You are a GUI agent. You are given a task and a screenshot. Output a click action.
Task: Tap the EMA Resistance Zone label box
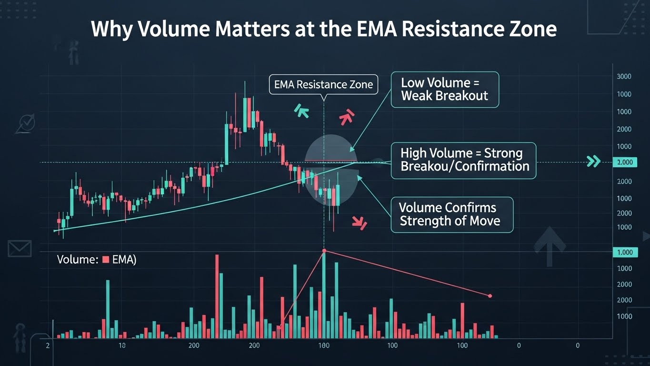pyautogui.click(x=323, y=85)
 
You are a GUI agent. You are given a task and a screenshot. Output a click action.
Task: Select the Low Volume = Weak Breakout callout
pyautogui.click(x=444, y=89)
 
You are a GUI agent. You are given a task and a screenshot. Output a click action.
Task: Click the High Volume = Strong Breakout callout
pyautogui.click(x=463, y=160)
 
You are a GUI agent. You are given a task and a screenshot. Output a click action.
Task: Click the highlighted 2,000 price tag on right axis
pyautogui.click(x=624, y=163)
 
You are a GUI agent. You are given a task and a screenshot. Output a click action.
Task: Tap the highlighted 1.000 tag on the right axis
pyautogui.click(x=624, y=252)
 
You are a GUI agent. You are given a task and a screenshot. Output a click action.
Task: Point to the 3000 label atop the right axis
pyautogui.click(x=624, y=76)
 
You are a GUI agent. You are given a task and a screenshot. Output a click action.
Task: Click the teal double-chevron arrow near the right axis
pyautogui.click(x=593, y=162)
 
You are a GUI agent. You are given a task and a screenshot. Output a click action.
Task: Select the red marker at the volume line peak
pyautogui.click(x=324, y=251)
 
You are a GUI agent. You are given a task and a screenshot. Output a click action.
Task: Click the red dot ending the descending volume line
pyautogui.click(x=490, y=296)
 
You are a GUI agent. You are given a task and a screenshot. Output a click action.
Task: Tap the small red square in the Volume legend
pyautogui.click(x=106, y=260)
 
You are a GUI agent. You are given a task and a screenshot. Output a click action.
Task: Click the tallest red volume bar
pyautogui.click(x=217, y=295)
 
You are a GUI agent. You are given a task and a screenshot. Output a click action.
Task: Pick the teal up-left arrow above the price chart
pyautogui.click(x=302, y=112)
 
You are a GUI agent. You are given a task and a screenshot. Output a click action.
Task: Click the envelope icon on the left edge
pyautogui.click(x=20, y=248)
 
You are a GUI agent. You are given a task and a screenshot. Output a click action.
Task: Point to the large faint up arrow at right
pyautogui.click(x=550, y=245)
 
